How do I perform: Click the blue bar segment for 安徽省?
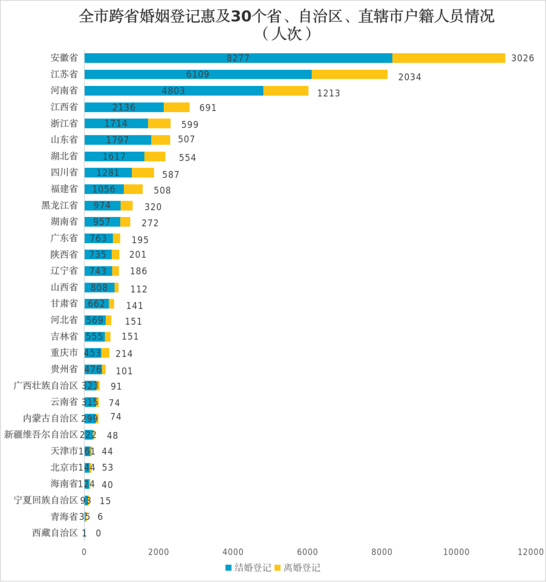(x=238, y=58)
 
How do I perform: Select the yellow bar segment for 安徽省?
(x=448, y=58)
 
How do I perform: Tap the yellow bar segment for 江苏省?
(x=349, y=74)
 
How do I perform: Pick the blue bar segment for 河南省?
(x=173, y=91)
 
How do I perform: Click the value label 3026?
(x=522, y=58)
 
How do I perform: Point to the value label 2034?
(x=409, y=77)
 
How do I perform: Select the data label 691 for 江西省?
(x=208, y=108)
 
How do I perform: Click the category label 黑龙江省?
(x=60, y=205)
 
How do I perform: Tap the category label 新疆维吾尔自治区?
(x=41, y=434)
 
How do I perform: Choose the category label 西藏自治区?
(x=55, y=533)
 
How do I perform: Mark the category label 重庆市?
(x=64, y=353)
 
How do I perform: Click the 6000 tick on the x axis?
(x=307, y=552)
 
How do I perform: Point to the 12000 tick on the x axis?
(x=530, y=552)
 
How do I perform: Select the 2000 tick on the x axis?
(x=159, y=552)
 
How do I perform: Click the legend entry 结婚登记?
(x=248, y=568)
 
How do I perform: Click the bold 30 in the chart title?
(x=241, y=17)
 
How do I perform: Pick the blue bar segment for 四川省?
(x=108, y=173)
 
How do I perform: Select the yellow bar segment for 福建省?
(x=133, y=189)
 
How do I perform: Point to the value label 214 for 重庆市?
(x=124, y=353)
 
